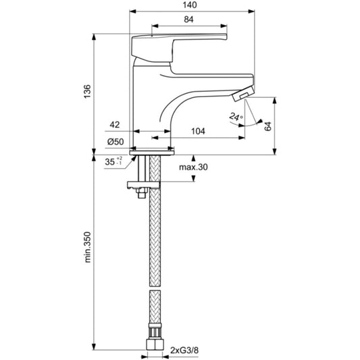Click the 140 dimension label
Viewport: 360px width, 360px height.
(x=190, y=5)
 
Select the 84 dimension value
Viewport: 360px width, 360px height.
(x=188, y=20)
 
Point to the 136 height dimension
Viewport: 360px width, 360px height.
(x=87, y=92)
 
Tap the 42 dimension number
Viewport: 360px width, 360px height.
(x=115, y=125)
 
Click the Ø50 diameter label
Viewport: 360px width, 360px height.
(x=115, y=142)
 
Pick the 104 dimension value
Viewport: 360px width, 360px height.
(x=198, y=131)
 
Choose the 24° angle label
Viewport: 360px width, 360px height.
(x=236, y=117)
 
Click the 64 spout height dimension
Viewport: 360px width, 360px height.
(x=267, y=126)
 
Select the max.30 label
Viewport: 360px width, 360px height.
(x=193, y=167)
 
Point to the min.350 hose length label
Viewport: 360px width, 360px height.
(x=88, y=247)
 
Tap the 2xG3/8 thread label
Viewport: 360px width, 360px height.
(x=184, y=351)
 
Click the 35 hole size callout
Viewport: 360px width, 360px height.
(x=113, y=161)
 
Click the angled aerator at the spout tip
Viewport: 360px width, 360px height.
(x=243, y=94)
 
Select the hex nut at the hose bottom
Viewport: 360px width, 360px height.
(x=155, y=344)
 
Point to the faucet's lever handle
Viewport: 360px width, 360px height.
(x=179, y=48)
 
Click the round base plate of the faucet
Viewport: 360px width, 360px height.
(x=152, y=153)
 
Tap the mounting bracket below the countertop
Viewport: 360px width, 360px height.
(x=143, y=185)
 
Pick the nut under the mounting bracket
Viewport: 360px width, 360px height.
(x=141, y=193)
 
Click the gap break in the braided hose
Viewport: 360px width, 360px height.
(x=155, y=288)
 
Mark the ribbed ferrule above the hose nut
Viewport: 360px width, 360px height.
(x=155, y=330)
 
